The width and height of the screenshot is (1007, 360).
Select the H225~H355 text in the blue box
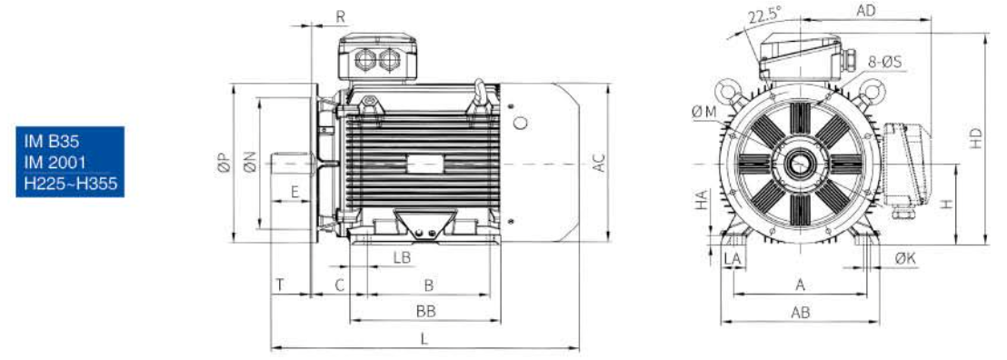[71, 184]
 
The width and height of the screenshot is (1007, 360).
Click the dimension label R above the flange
[341, 16]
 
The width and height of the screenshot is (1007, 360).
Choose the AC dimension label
[599, 163]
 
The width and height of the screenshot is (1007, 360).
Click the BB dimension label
[425, 312]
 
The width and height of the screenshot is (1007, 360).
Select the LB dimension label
[402, 258]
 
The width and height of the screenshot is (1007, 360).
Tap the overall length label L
[424, 339]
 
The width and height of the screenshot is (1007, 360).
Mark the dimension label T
[281, 285]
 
